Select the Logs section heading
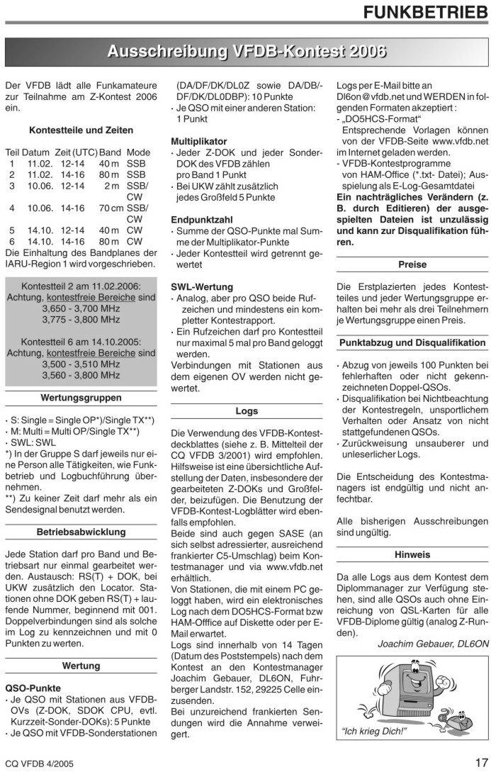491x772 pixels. point(246,410)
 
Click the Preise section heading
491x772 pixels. point(412,264)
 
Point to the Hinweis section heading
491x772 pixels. point(412,554)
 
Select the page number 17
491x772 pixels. point(480,762)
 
